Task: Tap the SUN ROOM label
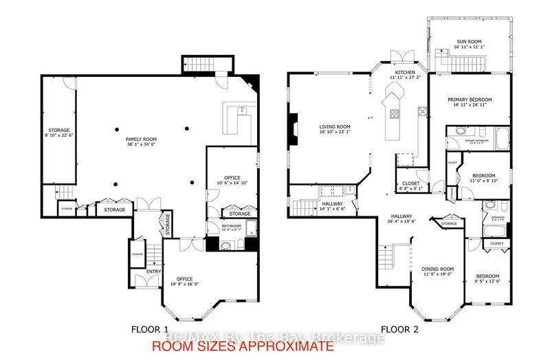click(469, 41)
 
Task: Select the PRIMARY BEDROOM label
click(469, 99)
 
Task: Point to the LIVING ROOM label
click(334, 126)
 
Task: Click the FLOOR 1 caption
click(149, 328)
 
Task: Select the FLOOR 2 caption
click(399, 328)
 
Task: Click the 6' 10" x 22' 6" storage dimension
click(58, 135)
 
